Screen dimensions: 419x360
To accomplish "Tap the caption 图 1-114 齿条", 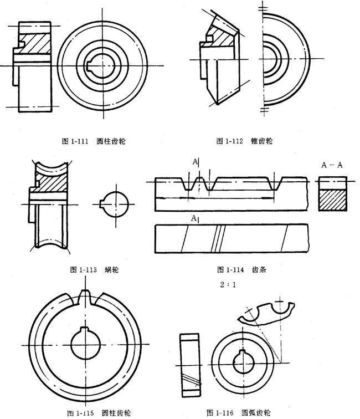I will tap(244, 270).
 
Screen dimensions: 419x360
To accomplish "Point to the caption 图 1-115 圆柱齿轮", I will tap(91, 413).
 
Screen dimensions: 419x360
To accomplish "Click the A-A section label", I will tap(332, 165).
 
